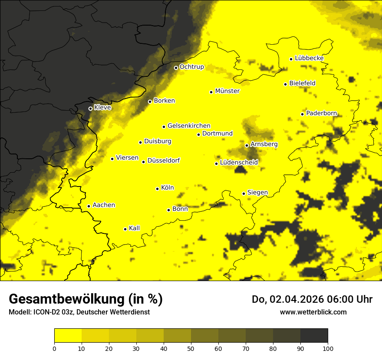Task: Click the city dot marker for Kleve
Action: [x=90, y=108]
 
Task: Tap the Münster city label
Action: [x=227, y=91]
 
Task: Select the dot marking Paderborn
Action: [x=302, y=114]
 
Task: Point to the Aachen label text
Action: [x=104, y=205]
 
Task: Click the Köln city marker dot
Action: [x=157, y=189]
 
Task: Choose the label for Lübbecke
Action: [x=309, y=58]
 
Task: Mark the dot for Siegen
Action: [x=244, y=193]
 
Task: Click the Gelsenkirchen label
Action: [x=189, y=126]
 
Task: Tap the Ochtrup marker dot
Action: [x=176, y=68]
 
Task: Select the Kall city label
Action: [x=134, y=228]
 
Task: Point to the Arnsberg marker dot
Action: [x=247, y=145]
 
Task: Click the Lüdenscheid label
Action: [x=239, y=163]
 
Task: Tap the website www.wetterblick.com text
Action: [x=313, y=312]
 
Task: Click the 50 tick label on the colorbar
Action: [x=191, y=348]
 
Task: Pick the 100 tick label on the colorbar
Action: [x=328, y=348]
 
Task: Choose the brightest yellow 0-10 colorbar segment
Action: [x=68, y=335]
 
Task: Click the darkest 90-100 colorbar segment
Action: [x=314, y=335]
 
